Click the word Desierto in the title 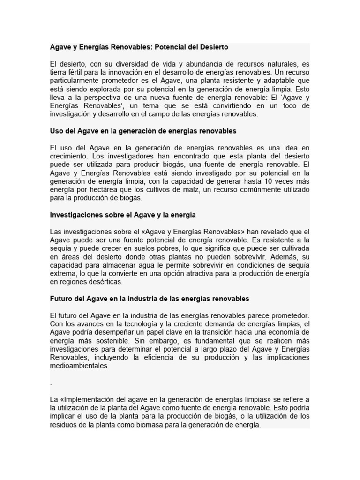[x=213, y=47]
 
